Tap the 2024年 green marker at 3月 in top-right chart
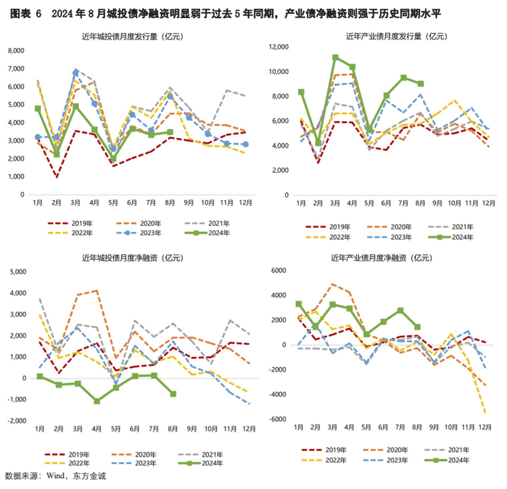[x=335, y=58]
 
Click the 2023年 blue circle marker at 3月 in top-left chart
[x=76, y=73]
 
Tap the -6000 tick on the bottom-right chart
[x=278, y=419]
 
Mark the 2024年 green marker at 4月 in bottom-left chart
[x=96, y=401]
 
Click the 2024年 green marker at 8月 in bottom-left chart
[x=173, y=394]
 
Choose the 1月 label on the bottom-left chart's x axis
[x=39, y=429]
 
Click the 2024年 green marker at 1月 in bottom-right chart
[x=298, y=304]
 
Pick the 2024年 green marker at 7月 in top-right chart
[x=403, y=78]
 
